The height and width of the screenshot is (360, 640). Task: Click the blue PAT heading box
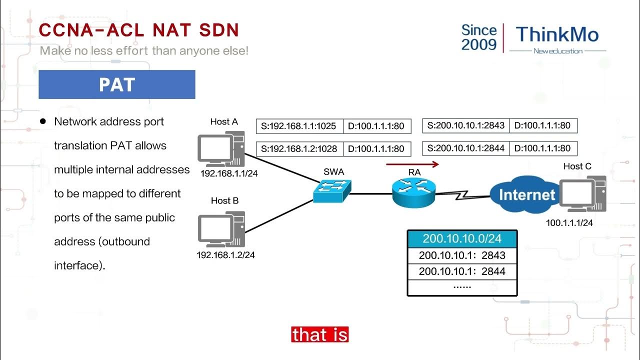pyautogui.click(x=116, y=84)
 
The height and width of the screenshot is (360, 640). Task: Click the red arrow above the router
pyautogui.click(x=412, y=163)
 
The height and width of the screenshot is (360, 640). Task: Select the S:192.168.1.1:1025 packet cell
pyautogui.click(x=299, y=126)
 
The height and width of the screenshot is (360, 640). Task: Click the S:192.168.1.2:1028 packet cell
pyautogui.click(x=299, y=149)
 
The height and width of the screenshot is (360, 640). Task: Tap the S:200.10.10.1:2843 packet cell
pyautogui.click(x=465, y=125)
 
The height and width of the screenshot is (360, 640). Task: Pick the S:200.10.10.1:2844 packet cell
pyautogui.click(x=465, y=148)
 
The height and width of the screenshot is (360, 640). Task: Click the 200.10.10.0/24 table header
pyautogui.click(x=462, y=238)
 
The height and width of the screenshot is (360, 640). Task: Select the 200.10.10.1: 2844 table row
pyautogui.click(x=462, y=271)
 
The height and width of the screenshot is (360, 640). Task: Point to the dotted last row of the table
pyautogui.click(x=462, y=287)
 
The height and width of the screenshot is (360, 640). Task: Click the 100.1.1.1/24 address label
pyautogui.click(x=569, y=223)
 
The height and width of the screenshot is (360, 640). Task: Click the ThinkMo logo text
pyautogui.click(x=557, y=34)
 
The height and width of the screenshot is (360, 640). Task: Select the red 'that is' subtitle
pyautogui.click(x=319, y=334)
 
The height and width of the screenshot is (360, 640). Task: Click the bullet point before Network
pyautogui.click(x=43, y=121)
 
